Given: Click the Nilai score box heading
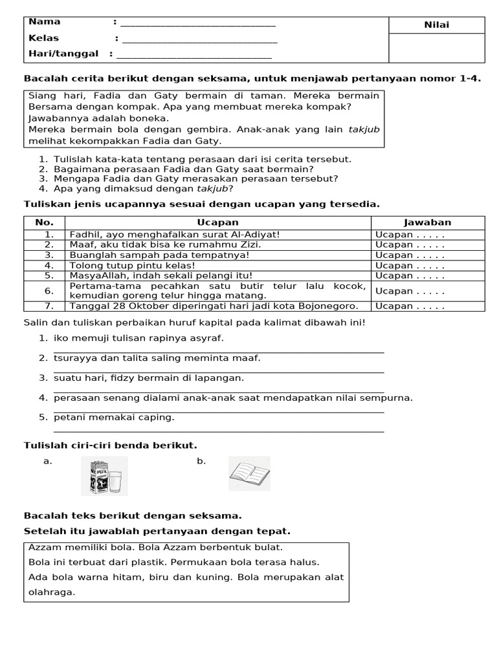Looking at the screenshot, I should [x=436, y=25].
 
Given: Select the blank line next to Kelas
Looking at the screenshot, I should [x=199, y=41].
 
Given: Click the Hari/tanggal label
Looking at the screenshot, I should [x=63, y=54].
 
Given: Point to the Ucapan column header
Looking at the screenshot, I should [x=217, y=222].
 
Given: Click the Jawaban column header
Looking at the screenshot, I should [x=428, y=222].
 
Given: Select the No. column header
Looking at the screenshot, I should [x=44, y=222].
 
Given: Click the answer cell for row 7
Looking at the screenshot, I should [x=428, y=306].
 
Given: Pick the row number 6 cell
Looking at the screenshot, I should [x=49, y=291].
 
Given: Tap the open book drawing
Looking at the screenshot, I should [x=249, y=475].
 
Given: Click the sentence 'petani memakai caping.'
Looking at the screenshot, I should [x=114, y=417].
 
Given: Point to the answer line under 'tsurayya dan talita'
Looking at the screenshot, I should [x=219, y=372].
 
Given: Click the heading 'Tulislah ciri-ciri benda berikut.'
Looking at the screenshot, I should [x=111, y=445].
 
